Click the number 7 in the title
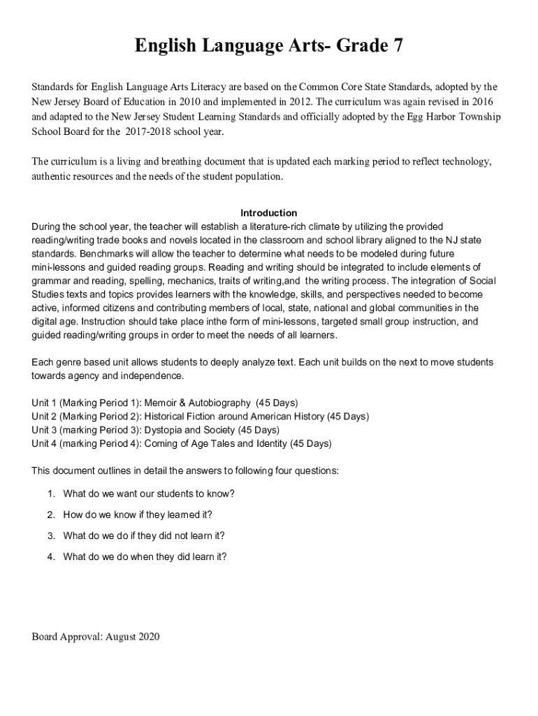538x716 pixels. pos(398,47)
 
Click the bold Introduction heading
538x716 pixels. pos(269,213)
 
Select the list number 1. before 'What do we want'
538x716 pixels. pos(51,494)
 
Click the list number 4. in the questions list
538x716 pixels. pos(51,557)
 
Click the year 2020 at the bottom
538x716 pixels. pos(150,636)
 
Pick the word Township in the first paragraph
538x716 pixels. pos(479,117)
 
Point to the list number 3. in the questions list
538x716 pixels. pos(51,536)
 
